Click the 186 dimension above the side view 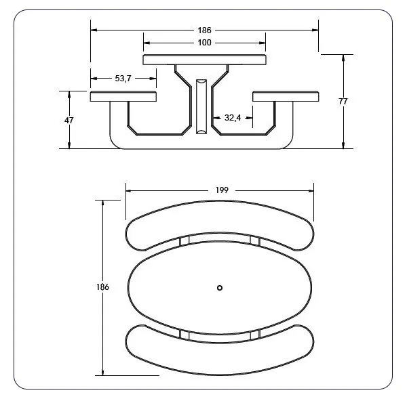coord(205,30)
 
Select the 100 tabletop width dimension coord(205,43)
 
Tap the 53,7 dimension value coord(123,79)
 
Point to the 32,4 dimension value coord(233,118)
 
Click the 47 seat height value coord(69,120)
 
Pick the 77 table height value coord(343,102)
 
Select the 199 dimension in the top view coord(222,190)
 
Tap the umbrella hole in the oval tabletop coord(219,289)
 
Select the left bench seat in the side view coord(123,96)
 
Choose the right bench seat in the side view coord(286,96)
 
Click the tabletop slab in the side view coord(204,60)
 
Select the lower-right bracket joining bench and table coord(254,334)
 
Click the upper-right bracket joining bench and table coord(254,241)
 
